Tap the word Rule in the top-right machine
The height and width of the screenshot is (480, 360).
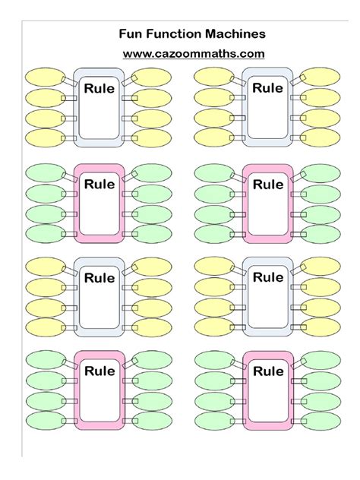coord(267,88)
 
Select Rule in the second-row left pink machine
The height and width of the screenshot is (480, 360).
coord(99,184)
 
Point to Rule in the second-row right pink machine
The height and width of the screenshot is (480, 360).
coord(267,184)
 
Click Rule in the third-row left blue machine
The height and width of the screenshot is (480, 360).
coord(99,278)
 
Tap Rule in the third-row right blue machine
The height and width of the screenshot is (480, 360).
coord(267,277)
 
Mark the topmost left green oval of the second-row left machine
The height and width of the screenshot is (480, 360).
coord(44,172)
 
